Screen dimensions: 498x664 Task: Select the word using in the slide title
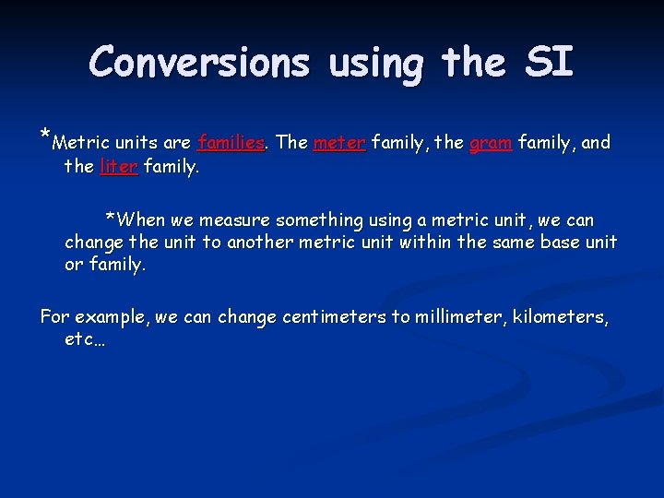point(375,65)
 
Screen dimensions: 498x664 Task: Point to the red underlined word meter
point(339,143)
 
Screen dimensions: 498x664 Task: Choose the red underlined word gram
point(491,143)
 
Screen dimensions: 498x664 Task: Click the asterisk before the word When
point(111,219)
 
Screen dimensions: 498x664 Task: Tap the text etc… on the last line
point(84,340)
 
